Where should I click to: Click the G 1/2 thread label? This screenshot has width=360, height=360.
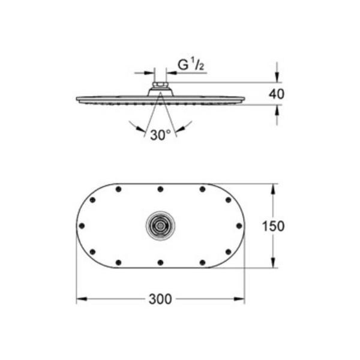[191, 65]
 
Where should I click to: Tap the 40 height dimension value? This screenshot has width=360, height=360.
[277, 94]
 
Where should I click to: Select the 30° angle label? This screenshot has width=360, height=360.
[160, 135]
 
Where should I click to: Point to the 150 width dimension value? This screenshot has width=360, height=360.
[273, 226]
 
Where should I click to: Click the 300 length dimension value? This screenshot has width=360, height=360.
[160, 299]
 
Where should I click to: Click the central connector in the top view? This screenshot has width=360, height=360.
[160, 226]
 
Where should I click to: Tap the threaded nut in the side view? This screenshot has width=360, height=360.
[160, 85]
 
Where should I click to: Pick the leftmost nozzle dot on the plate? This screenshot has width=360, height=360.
[82, 226]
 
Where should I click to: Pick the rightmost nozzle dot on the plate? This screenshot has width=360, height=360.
[239, 226]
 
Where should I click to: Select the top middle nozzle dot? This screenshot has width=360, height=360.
[160, 189]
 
